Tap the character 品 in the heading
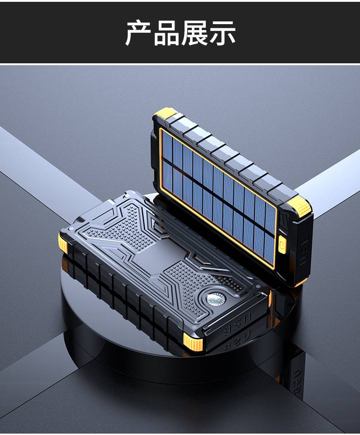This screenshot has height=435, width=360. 166,33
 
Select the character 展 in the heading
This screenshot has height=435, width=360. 194,33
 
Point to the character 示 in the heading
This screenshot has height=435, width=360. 222,33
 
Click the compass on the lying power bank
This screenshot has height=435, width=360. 216,300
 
